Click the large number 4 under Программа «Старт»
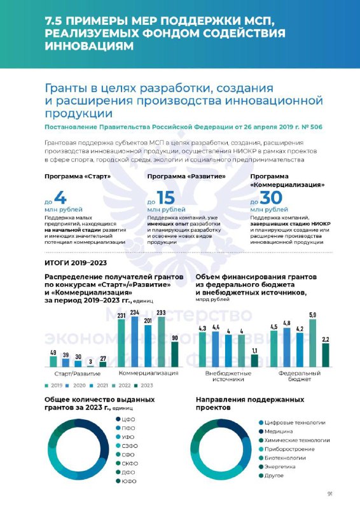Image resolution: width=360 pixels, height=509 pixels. [60, 197]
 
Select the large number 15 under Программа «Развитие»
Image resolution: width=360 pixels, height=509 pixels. [166, 197]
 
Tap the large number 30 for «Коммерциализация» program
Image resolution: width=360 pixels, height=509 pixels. [271, 197]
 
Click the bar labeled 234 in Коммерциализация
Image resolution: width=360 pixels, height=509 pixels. [135, 342]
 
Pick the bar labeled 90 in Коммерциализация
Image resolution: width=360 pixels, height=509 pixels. [175, 354]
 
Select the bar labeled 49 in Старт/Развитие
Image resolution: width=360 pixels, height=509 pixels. [53, 361]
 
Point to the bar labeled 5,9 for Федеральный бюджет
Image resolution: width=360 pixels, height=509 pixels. [312, 343]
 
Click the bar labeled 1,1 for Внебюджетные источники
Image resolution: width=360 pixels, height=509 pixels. [254, 361]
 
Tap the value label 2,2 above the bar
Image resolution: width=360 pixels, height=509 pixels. [326, 339]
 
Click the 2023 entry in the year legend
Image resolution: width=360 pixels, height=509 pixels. [144, 386]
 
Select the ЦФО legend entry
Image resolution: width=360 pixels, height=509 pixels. [125, 419]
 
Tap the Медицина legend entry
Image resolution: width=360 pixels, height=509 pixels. [275, 431]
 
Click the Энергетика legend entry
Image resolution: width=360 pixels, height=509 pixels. [277, 467]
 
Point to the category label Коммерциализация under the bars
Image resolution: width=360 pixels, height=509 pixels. [148, 373]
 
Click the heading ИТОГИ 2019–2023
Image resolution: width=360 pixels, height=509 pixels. [76, 263]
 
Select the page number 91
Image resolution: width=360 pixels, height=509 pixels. [330, 494]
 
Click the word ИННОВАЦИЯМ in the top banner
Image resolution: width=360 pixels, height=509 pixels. [89, 46]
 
